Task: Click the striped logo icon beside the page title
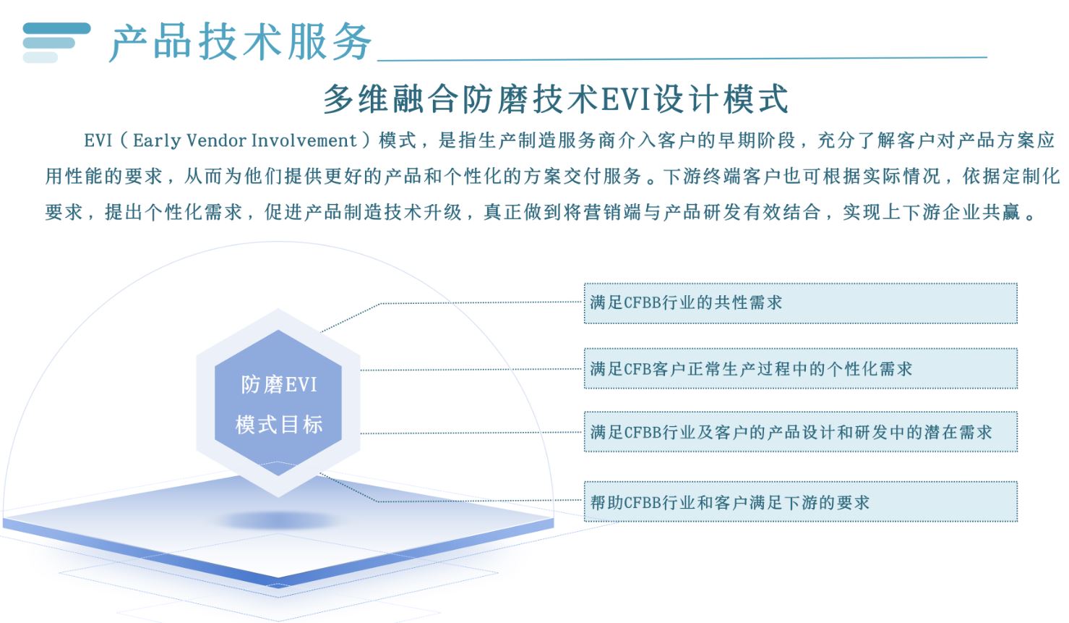(x=56, y=43)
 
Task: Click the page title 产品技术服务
(x=241, y=42)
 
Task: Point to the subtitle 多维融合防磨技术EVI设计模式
(x=556, y=99)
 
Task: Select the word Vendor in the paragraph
(x=216, y=140)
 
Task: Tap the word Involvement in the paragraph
(x=304, y=140)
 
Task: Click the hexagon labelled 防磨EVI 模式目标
(x=278, y=403)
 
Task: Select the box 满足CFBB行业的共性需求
(x=801, y=303)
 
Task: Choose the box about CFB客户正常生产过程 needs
(x=801, y=368)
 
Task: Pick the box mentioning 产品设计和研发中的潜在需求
(x=801, y=432)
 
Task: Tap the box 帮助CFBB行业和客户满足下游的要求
(x=801, y=501)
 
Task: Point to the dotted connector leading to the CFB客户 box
(x=471, y=369)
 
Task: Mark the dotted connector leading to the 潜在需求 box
(x=471, y=433)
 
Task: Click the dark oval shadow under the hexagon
(x=279, y=520)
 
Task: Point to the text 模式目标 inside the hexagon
(x=279, y=424)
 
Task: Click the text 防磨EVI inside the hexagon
(x=279, y=385)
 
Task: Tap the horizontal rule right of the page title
(x=682, y=59)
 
